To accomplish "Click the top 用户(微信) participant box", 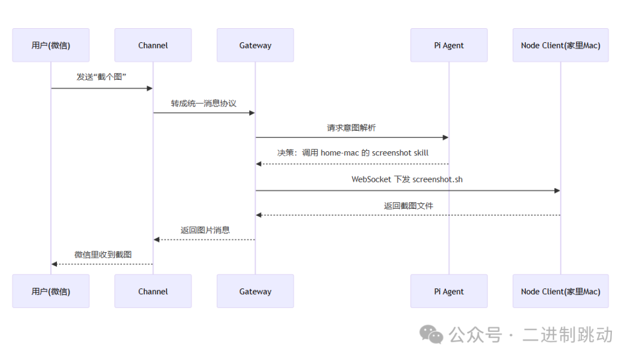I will (51, 45).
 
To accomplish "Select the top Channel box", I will (153, 45).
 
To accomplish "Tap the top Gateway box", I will (255, 45).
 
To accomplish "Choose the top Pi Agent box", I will (449, 45).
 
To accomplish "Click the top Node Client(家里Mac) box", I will (560, 45).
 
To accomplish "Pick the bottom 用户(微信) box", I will (51, 291).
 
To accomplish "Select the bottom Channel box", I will (153, 291).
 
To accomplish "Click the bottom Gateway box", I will (255, 291).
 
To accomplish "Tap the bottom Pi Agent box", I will (449, 291).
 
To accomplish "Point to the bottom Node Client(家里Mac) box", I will (560, 291).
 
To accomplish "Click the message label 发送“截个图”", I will (102, 77).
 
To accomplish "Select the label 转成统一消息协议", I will (204, 103).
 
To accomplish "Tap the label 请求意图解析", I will (352, 127).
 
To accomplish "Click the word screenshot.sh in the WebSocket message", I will (437, 179).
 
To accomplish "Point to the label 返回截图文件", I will (409, 206).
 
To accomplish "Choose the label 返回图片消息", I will (205, 230).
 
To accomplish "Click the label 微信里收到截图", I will (103, 254).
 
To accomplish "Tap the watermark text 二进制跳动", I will (567, 335).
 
